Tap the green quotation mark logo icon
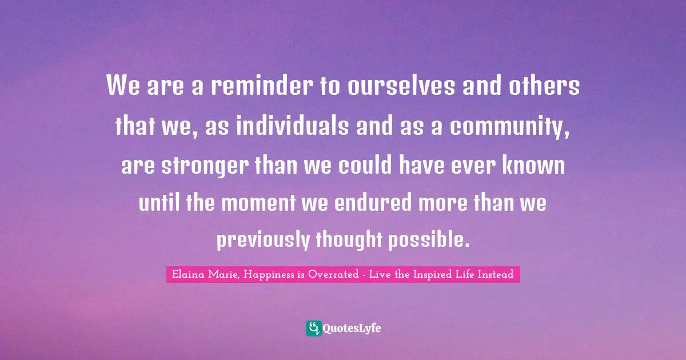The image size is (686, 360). [314, 328]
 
